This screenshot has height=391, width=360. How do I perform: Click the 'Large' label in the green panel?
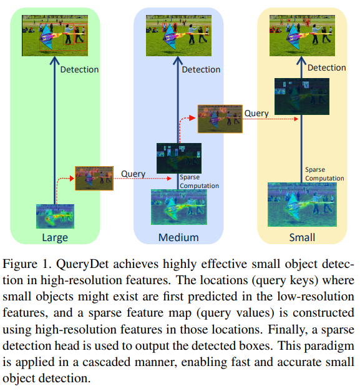click(55, 237)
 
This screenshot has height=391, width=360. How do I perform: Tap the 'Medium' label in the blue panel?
click(178, 237)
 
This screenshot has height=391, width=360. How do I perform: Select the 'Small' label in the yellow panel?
click(302, 237)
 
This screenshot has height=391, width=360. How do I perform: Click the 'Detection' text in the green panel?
click(79, 69)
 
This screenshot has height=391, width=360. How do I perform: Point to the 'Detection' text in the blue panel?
click(201, 69)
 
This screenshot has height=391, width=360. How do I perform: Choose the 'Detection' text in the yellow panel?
click(327, 67)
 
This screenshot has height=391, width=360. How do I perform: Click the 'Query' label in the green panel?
click(133, 174)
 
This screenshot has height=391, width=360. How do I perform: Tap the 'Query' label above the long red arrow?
click(256, 113)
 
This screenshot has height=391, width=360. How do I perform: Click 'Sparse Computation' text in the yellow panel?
click(324, 174)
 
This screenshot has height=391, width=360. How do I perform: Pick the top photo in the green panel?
click(54, 33)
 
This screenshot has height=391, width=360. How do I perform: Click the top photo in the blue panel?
click(178, 33)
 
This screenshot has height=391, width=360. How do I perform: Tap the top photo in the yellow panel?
click(302, 33)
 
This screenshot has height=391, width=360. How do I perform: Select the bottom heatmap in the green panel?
click(55, 217)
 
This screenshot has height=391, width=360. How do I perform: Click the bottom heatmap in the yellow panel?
click(302, 204)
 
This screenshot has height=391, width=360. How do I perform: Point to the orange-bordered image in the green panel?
click(94, 178)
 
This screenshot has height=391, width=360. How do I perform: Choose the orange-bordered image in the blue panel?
click(219, 119)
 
